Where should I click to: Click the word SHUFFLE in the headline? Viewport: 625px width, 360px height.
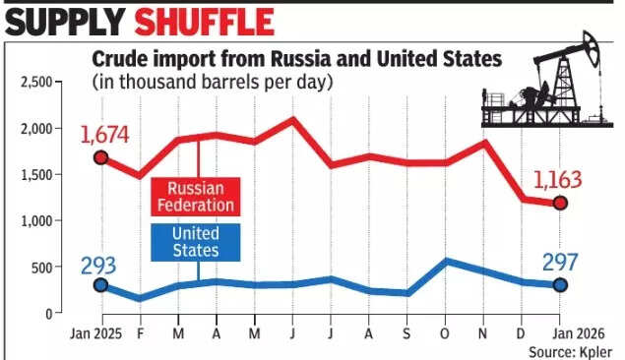(x=206, y=22)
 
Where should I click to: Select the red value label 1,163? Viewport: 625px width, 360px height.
(x=558, y=180)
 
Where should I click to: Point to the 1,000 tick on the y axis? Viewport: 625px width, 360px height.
(x=35, y=221)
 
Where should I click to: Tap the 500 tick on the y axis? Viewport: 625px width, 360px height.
(x=41, y=268)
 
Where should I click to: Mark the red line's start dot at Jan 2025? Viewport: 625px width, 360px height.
(x=99, y=157)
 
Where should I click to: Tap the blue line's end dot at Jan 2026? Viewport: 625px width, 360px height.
(x=560, y=285)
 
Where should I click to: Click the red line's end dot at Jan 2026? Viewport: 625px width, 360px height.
(x=560, y=204)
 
